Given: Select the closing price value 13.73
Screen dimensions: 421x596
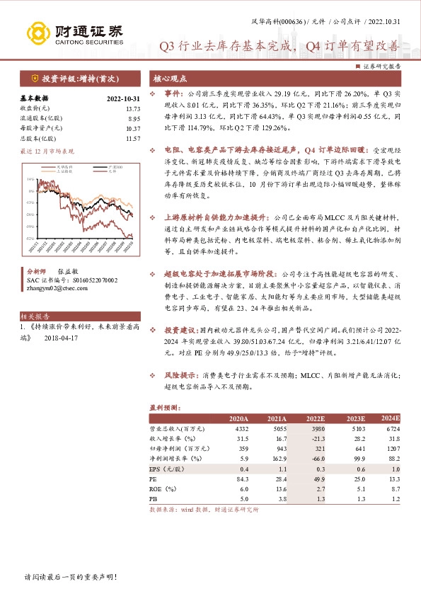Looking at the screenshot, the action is (x=133, y=108).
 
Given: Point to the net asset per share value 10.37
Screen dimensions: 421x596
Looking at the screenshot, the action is (x=133, y=128).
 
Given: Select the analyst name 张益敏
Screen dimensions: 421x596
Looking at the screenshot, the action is (x=69, y=271).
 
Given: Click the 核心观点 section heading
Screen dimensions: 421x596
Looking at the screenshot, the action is (x=171, y=79).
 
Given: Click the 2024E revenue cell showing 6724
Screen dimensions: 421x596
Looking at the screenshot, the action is (x=391, y=430).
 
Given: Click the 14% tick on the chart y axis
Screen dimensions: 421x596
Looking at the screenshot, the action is (x=30, y=180).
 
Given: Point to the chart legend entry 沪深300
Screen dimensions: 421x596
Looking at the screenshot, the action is (x=105, y=167).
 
